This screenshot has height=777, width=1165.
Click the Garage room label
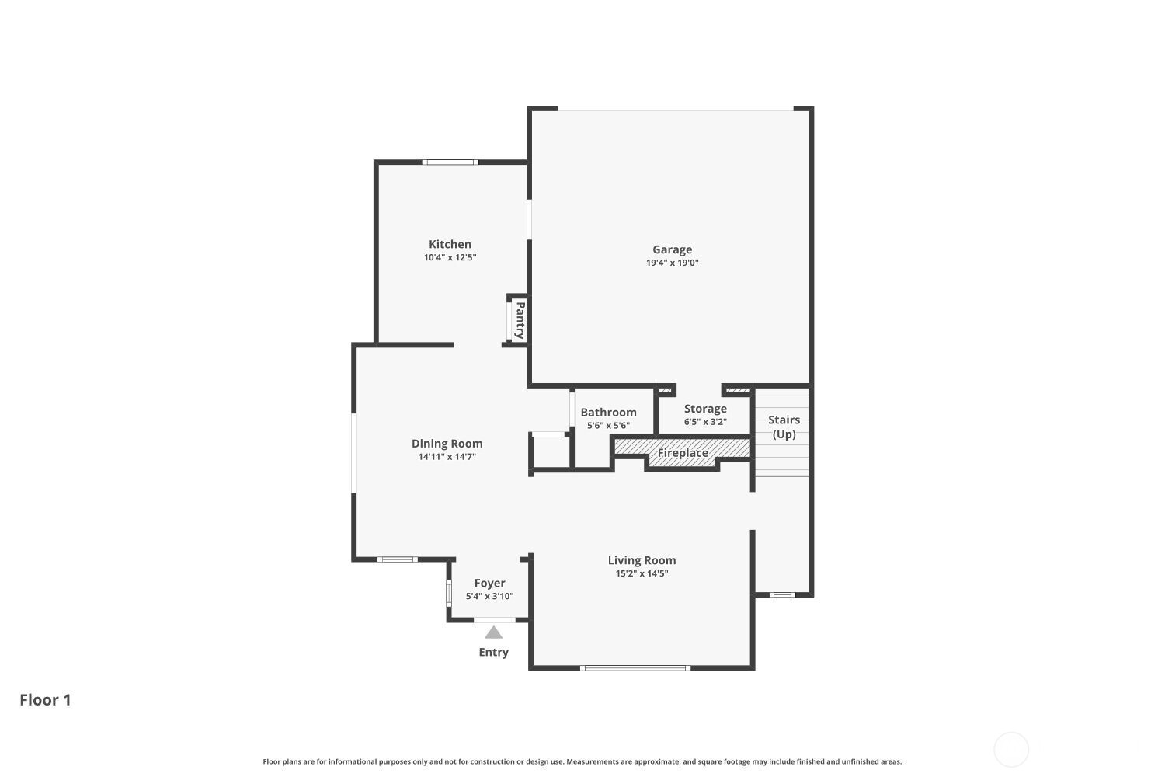[x=672, y=249]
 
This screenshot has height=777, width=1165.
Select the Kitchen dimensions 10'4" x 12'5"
[x=450, y=257]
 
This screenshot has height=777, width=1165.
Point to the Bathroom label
[x=608, y=413]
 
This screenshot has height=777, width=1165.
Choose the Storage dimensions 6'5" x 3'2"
[x=705, y=422]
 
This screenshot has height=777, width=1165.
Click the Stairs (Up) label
[x=784, y=427]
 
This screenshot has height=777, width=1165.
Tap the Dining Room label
[x=447, y=444]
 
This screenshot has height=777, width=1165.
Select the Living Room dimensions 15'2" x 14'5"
[x=642, y=573]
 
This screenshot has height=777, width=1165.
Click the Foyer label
[x=489, y=583]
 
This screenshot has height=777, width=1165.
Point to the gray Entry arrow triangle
[x=493, y=632]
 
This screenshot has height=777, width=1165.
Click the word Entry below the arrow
[x=493, y=652]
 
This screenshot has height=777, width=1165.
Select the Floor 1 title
[x=45, y=699]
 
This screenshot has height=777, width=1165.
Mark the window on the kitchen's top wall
[x=450, y=162]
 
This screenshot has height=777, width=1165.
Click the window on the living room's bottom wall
[x=635, y=667]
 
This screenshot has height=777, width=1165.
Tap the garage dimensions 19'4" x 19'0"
[x=672, y=263]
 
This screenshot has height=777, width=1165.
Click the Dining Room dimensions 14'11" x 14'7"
[x=447, y=457]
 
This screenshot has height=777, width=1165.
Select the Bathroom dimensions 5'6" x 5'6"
[x=608, y=426]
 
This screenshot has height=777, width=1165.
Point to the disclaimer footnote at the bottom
[x=582, y=761]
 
